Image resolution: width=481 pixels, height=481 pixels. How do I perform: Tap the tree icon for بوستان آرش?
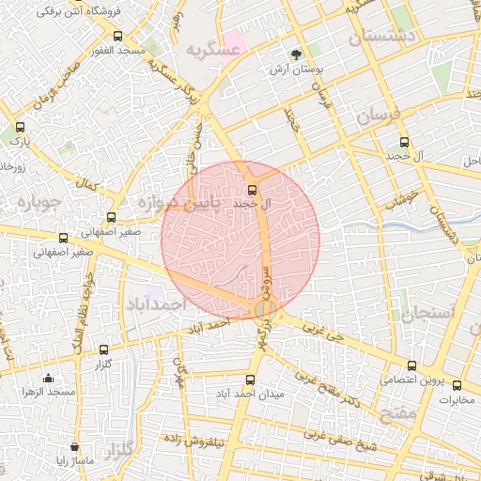297,54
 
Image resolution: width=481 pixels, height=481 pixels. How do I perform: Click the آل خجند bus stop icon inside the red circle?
251,190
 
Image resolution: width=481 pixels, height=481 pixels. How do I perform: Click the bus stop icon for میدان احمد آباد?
249,380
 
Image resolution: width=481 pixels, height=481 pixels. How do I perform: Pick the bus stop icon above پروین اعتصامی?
411,366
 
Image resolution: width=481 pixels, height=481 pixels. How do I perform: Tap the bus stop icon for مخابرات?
458,385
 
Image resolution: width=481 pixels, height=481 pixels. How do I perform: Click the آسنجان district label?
428,312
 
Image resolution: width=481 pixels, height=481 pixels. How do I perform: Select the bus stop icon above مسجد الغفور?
128,35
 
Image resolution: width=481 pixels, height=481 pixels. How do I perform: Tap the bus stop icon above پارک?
21,127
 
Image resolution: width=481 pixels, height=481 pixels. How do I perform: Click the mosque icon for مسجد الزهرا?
48,378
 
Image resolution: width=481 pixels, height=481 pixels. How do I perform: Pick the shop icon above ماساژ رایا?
73,447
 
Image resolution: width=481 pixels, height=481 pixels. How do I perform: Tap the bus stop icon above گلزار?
103,349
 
